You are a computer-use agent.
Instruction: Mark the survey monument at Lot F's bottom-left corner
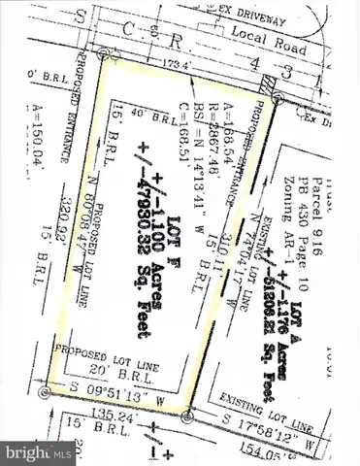44,393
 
